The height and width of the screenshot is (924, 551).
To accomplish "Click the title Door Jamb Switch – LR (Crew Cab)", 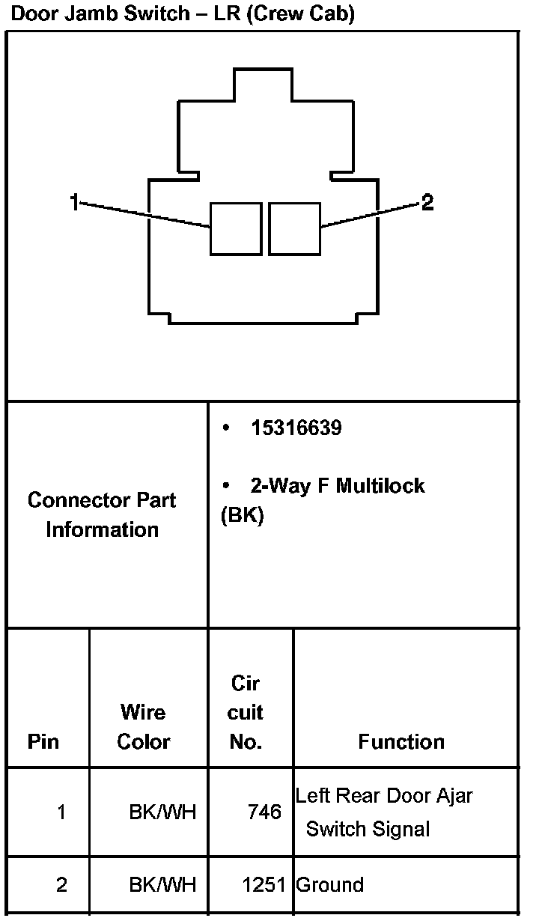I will tap(183, 13).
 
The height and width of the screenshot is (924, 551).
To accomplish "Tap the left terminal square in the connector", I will tap(236, 228).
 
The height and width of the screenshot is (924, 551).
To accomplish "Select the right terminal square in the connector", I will tap(294, 228).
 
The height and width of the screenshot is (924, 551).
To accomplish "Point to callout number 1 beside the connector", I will tap(74, 201).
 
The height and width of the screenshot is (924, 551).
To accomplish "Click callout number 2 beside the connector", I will tap(427, 202).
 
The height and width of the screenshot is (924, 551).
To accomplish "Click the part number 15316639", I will tap(296, 428).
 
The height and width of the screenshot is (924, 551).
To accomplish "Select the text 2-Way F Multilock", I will tap(337, 486).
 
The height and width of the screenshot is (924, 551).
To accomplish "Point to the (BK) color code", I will tap(243, 516).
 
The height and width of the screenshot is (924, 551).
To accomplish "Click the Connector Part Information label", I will tap(102, 514).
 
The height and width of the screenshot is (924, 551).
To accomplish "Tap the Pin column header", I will tap(43, 741).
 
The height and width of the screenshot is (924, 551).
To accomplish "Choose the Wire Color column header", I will tap(144, 726).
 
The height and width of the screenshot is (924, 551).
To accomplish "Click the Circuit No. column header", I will tap(246, 712).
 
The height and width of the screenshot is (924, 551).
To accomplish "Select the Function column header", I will tap(401, 741).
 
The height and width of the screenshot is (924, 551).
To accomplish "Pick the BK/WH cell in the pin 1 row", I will tap(162, 812).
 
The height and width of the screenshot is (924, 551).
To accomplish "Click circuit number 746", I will tap(264, 812).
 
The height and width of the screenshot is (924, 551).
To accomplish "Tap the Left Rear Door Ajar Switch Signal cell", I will tap(383, 812).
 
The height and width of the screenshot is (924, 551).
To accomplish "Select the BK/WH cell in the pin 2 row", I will tap(162, 884).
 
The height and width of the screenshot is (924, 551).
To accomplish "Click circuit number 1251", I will tap(264, 884).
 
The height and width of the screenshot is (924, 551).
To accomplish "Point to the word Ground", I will tap(330, 884).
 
